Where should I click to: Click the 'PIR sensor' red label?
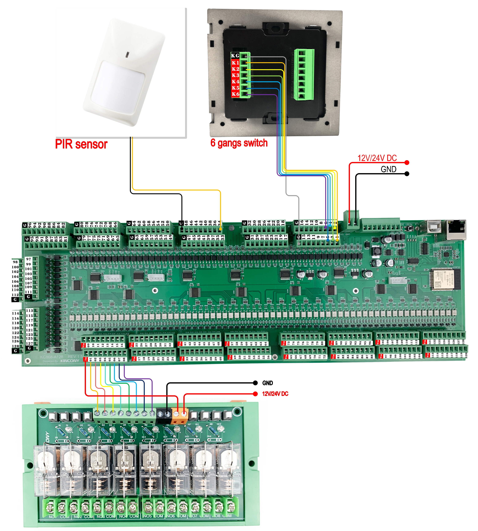click(x=81, y=144)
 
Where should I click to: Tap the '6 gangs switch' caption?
click(x=239, y=143)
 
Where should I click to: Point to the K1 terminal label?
click(x=235, y=63)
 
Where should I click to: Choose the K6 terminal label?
click(x=235, y=94)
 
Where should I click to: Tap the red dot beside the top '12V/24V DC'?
click(x=407, y=163)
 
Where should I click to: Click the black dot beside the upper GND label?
click(x=407, y=174)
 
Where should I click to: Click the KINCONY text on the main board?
click(x=70, y=361)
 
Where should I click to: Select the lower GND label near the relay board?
click(x=267, y=383)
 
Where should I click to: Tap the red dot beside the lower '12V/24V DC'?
click(x=255, y=394)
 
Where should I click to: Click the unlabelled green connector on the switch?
click(x=304, y=75)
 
